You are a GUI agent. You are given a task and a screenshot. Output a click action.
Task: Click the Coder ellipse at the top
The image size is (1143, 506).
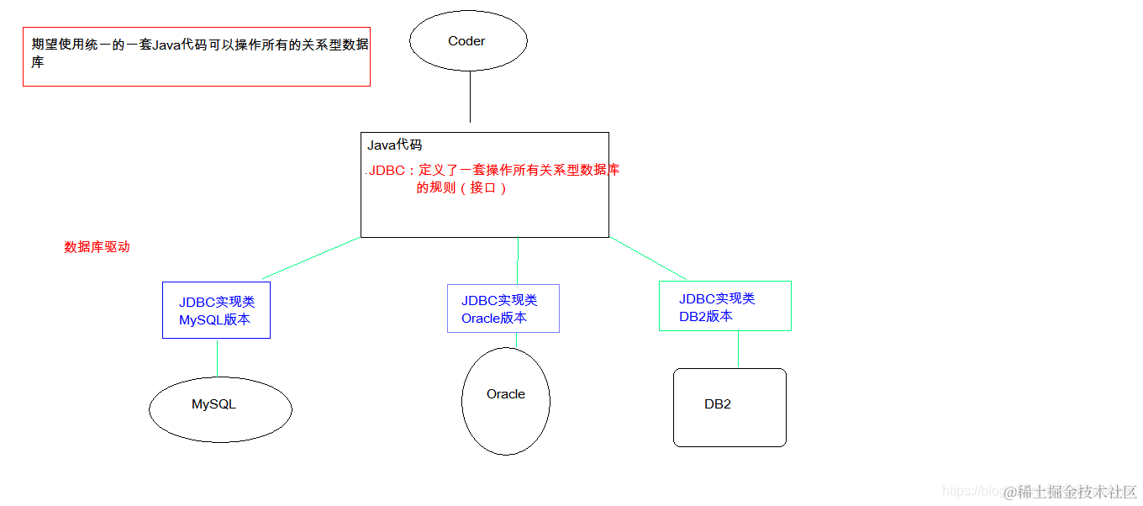click(x=468, y=41)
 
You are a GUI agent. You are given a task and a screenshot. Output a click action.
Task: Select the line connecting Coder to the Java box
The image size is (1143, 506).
click(x=470, y=98)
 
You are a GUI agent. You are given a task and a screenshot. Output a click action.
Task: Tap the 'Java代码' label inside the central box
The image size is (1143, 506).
click(x=394, y=145)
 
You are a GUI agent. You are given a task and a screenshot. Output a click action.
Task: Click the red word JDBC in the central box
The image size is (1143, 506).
click(x=387, y=171)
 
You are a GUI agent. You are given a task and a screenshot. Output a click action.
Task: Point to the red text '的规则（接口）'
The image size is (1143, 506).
click(x=462, y=188)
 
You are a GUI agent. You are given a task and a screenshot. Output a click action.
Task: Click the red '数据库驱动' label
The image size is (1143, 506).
click(x=97, y=247)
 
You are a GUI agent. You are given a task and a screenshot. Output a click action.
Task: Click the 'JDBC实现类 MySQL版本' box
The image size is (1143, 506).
click(x=216, y=310)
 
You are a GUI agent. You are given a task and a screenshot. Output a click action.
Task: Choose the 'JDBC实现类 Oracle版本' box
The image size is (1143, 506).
click(x=503, y=308)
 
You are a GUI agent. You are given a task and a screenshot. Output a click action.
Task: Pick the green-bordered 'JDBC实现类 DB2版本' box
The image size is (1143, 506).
click(x=724, y=306)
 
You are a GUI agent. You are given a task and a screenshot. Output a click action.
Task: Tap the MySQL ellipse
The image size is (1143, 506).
click(x=220, y=409)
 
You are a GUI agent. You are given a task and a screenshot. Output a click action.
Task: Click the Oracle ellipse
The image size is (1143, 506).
click(x=506, y=402)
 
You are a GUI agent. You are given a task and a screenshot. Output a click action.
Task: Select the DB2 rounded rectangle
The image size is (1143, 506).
click(x=730, y=408)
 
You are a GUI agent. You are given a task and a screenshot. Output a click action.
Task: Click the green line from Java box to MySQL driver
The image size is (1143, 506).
click(x=311, y=258)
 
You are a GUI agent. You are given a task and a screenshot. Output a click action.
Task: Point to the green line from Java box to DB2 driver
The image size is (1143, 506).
click(x=649, y=259)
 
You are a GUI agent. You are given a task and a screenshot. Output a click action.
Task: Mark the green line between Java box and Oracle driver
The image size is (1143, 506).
click(x=518, y=261)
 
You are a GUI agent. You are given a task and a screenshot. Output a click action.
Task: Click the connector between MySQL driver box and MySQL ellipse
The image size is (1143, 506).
click(x=217, y=357)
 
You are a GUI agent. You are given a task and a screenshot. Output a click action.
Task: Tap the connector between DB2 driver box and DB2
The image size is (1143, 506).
click(x=738, y=350)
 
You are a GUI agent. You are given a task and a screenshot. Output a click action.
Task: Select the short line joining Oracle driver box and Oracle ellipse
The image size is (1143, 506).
click(x=516, y=340)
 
